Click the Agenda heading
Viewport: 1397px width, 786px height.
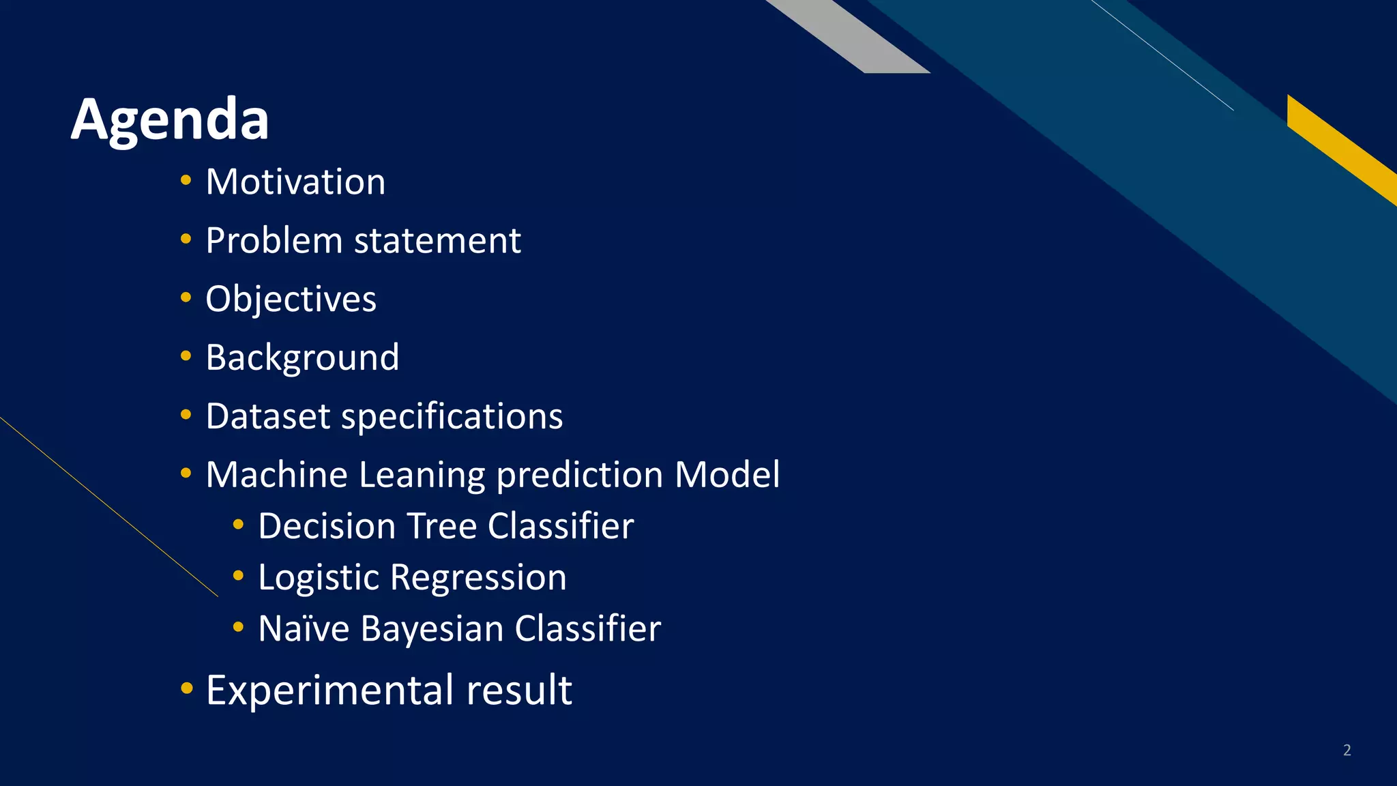point(170,119)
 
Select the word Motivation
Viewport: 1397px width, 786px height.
point(295,182)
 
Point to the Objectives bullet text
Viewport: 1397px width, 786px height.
point(291,300)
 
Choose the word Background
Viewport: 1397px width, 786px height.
point(302,358)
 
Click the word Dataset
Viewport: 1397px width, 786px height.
point(268,416)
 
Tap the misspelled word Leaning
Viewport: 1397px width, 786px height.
point(422,475)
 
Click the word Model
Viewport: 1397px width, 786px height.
point(726,475)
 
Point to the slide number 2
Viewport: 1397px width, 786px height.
point(1347,751)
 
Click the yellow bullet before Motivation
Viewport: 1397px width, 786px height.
point(186,181)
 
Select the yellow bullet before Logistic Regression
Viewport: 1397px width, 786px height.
point(238,576)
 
